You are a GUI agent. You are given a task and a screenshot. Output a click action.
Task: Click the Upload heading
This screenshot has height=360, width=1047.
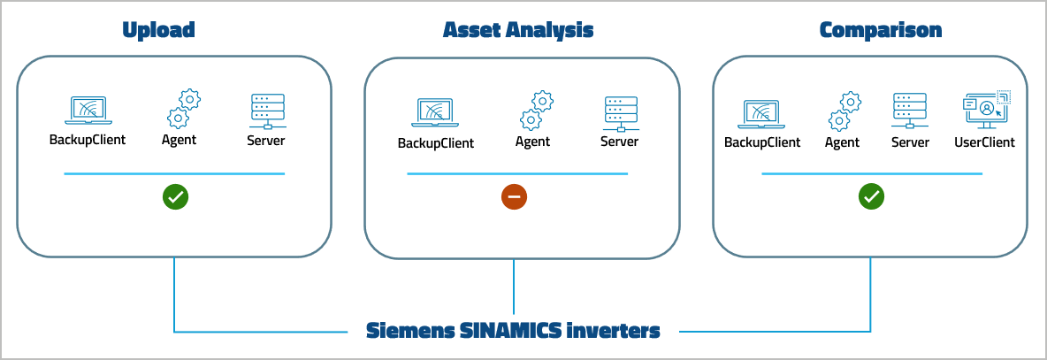point(158,30)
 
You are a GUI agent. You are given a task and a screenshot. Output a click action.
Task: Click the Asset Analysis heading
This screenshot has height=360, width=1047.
point(517,30)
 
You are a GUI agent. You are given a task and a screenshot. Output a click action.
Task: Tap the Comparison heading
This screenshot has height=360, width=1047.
point(880,30)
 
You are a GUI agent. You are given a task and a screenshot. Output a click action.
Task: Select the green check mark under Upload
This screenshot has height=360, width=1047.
point(175,197)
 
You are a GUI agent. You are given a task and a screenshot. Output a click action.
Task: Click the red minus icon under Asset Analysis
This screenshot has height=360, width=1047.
point(514,197)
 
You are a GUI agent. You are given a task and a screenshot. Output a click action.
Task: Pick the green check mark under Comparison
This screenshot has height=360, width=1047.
point(871,197)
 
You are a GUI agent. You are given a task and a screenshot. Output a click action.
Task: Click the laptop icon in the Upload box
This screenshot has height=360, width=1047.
point(87,111)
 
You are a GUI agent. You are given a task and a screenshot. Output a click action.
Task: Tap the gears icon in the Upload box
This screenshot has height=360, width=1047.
point(183,109)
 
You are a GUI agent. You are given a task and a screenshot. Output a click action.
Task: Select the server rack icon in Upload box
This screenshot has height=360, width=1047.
point(266,111)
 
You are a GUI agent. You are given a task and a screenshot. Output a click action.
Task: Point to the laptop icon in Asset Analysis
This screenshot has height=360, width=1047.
point(435,112)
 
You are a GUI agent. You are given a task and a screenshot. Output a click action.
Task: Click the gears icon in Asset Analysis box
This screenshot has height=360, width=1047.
point(536,111)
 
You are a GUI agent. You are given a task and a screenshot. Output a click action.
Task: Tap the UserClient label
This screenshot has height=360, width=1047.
point(984,142)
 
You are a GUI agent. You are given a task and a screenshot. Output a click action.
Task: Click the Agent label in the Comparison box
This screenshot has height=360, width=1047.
point(842,142)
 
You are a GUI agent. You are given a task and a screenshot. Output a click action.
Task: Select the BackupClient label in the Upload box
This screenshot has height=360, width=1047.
point(87,140)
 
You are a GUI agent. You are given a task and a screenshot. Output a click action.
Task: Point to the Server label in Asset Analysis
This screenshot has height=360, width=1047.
point(619,142)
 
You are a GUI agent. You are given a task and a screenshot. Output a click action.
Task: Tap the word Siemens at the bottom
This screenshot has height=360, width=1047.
point(409,332)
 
